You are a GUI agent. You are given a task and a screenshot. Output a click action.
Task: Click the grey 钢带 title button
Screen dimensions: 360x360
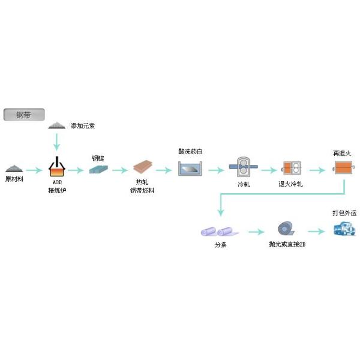point(22,115)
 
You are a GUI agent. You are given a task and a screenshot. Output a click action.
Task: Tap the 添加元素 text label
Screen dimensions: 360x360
point(83,126)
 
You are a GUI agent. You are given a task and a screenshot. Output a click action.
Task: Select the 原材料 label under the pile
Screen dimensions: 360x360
point(15,179)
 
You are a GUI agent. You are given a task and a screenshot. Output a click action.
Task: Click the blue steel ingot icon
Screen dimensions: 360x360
point(98,170)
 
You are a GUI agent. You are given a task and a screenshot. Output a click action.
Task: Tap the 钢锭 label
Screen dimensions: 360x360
point(98,158)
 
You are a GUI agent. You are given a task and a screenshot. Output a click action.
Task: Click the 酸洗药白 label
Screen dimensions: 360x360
point(191,152)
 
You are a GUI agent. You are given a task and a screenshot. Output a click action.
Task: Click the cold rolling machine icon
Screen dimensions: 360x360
point(243,167)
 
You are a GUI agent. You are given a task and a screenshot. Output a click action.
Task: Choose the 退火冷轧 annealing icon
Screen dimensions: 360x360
point(291,168)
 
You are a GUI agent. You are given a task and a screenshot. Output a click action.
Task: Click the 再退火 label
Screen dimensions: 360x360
point(343,153)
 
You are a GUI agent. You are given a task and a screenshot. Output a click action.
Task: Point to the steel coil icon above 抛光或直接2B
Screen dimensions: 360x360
point(285,229)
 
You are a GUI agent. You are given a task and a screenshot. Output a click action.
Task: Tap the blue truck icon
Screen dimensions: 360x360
point(343,228)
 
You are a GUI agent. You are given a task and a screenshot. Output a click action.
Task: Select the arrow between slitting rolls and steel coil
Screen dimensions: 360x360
point(256,231)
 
